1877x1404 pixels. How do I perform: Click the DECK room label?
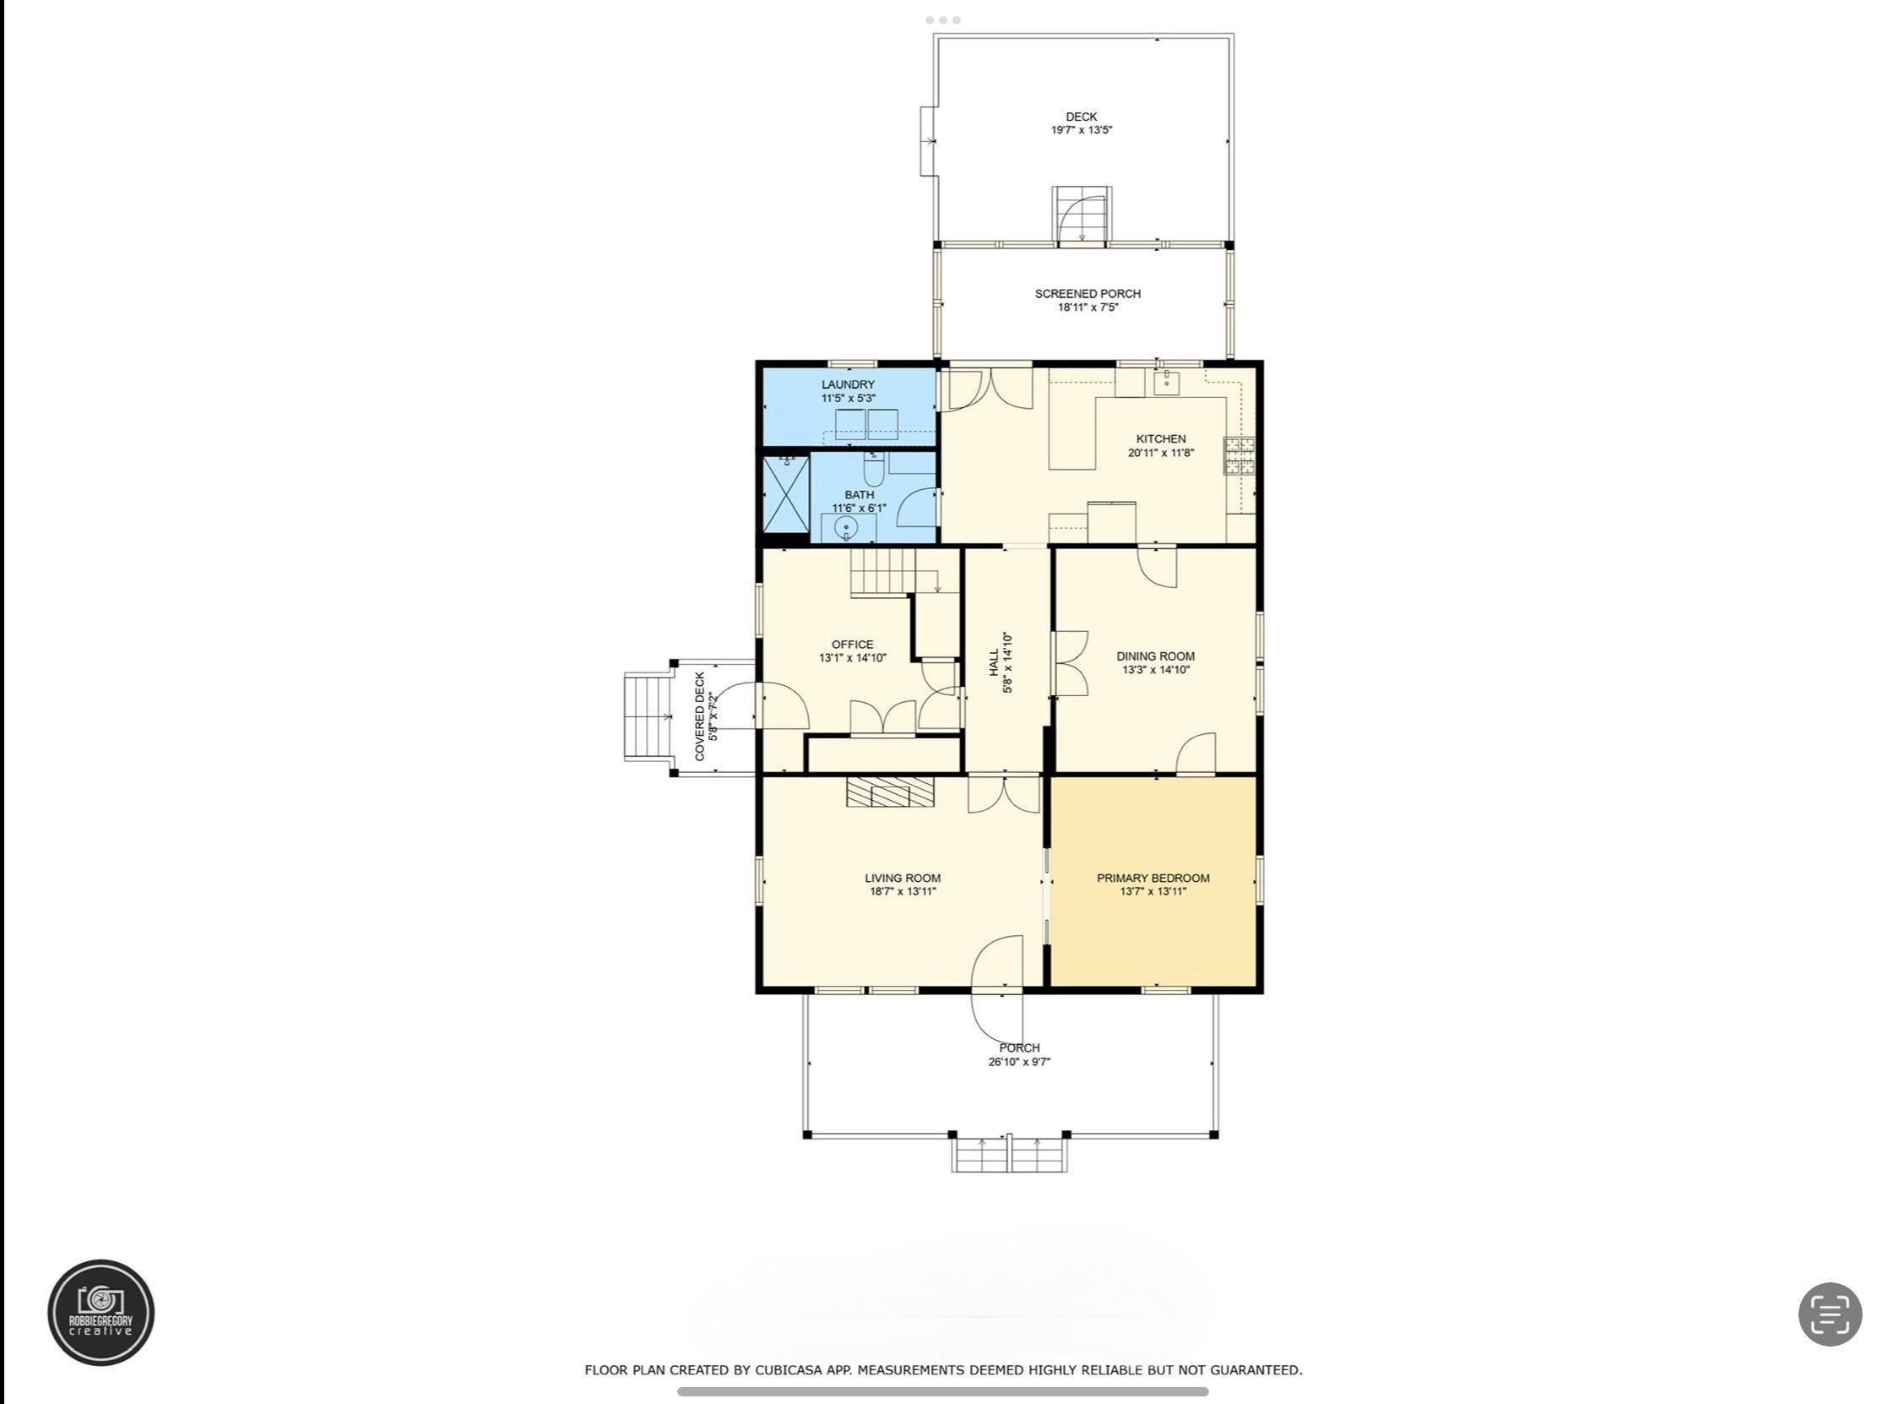click(x=1081, y=117)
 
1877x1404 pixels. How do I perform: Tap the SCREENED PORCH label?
click(x=1087, y=294)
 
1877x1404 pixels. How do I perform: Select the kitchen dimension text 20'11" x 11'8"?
click(x=1160, y=454)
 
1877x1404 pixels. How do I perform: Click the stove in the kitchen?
click(x=1238, y=456)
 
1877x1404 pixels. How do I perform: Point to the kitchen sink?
click(x=1168, y=383)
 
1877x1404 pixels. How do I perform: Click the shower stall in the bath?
click(x=787, y=495)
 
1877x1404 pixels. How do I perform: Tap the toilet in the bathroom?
click(x=874, y=469)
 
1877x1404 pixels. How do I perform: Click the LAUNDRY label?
click(x=848, y=384)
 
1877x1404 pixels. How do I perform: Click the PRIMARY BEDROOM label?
click(x=1153, y=878)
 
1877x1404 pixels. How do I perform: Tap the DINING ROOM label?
click(x=1155, y=656)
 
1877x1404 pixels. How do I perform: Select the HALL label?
click(x=994, y=662)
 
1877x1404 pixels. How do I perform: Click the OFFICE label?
click(x=852, y=645)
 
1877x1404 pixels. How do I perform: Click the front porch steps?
click(x=1009, y=1155)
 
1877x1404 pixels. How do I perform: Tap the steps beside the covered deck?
click(x=648, y=716)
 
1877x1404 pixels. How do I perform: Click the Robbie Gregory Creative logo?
click(x=101, y=1312)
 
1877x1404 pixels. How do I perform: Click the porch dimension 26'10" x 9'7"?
click(x=1019, y=1062)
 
